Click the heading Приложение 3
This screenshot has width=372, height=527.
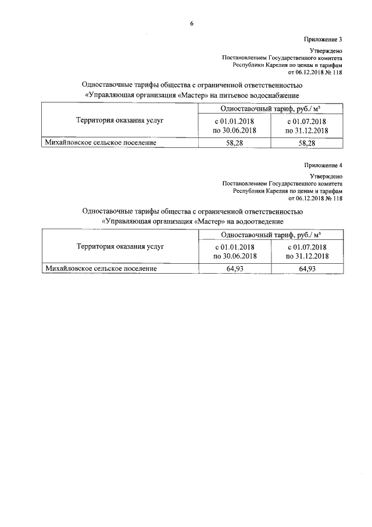[323, 39]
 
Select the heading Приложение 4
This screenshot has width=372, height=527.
[323, 165]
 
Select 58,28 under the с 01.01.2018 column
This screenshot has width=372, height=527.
[234, 142]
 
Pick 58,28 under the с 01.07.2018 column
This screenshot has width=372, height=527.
[307, 142]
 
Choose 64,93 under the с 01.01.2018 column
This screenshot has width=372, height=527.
[234, 268]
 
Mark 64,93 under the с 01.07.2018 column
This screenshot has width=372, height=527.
[307, 268]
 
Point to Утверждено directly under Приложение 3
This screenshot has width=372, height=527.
[326, 52]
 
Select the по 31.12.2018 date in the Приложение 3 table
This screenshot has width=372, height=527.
[307, 130]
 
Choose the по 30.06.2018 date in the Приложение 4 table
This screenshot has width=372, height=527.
[235, 257]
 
